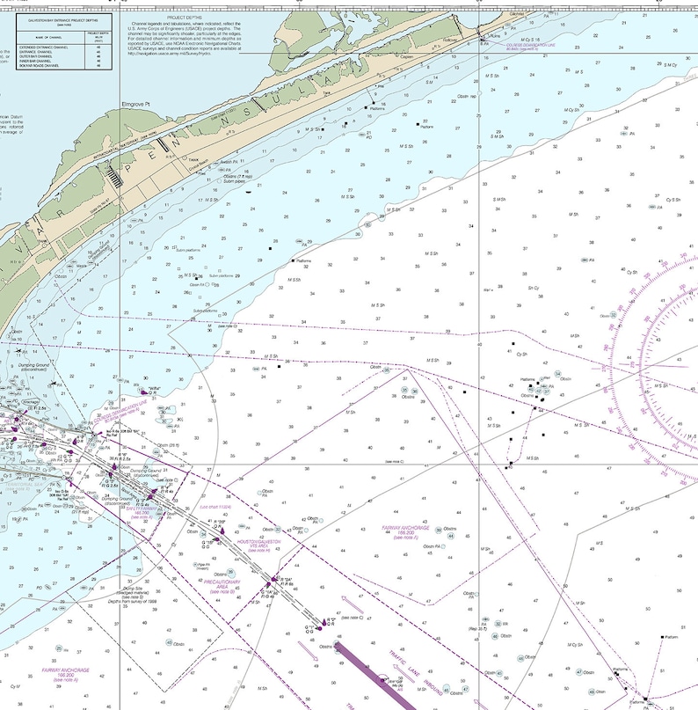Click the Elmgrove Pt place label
pos(136,104)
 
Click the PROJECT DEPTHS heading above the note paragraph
pos(188,16)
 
